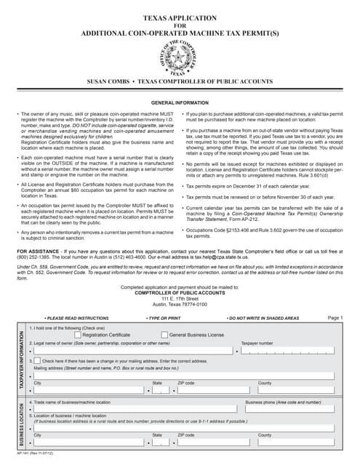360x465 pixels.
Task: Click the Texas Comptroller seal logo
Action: point(180,57)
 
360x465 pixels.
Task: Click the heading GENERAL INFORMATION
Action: point(180,104)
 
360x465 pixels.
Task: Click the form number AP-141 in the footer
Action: point(23,453)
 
